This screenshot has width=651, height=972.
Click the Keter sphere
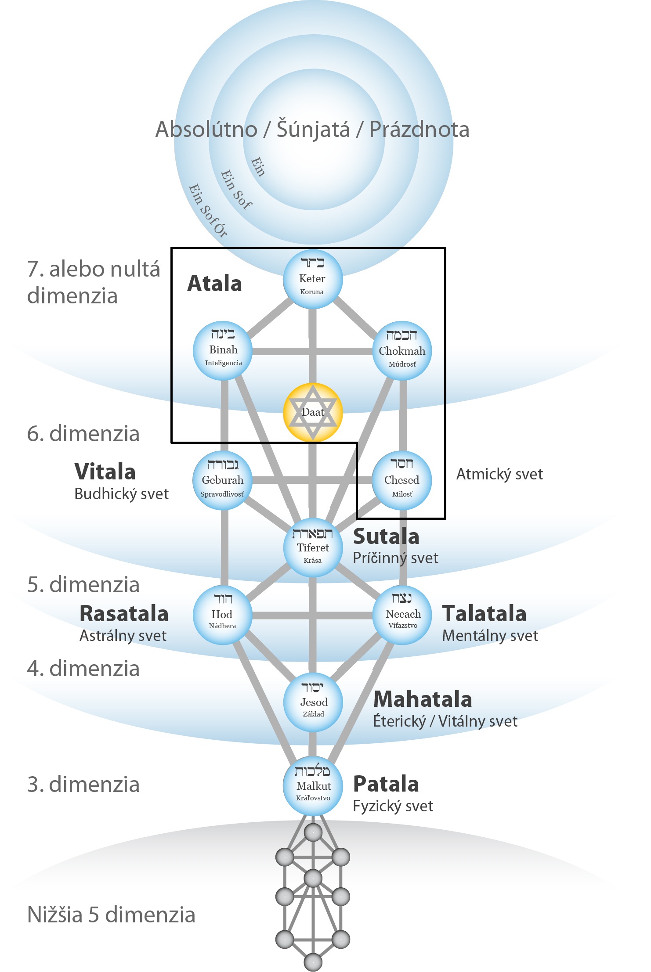312,279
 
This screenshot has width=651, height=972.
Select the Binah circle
223,350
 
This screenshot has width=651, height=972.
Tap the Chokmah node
402,351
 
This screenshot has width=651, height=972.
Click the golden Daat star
312,412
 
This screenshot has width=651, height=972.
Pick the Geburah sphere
222,480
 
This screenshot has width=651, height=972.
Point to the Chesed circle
401,480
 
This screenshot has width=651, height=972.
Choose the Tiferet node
313,547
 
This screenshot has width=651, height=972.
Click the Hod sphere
222,615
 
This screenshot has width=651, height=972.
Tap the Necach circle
402,615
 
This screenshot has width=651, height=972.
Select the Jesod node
313,702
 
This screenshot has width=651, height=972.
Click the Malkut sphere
313,786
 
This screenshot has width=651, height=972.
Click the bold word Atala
214,284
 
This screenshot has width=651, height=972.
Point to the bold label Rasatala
124,614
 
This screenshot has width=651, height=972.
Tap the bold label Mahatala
423,699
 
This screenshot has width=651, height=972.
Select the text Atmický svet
499,474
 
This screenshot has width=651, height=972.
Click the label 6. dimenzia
83,434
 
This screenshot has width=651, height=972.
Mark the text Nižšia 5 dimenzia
111,915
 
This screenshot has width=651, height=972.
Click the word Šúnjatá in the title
313,130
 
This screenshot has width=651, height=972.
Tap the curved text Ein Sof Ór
208,211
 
